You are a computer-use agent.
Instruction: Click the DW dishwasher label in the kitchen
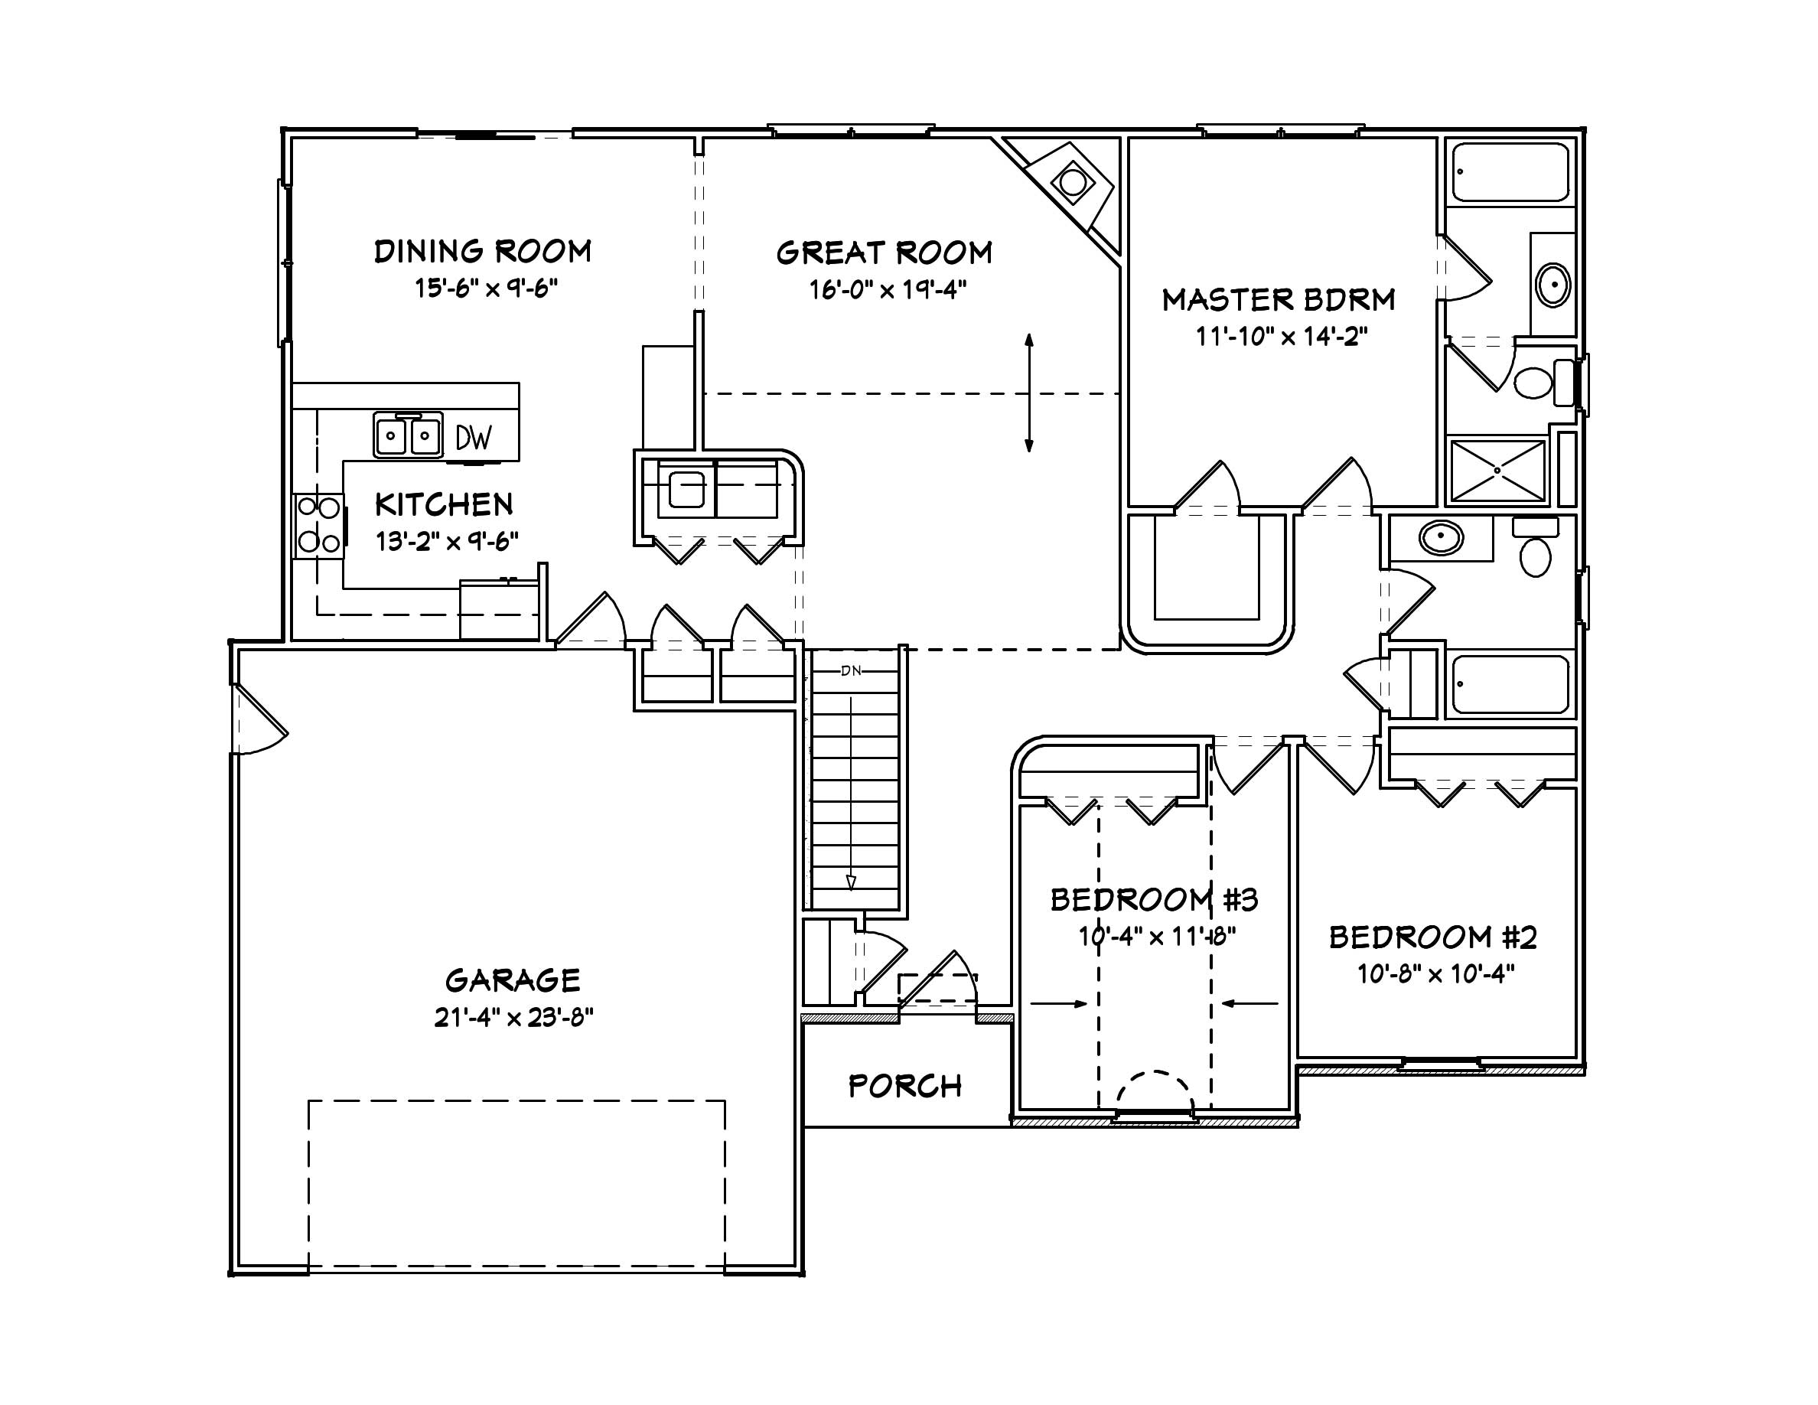[x=474, y=438]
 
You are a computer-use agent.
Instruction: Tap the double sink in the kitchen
[x=407, y=435]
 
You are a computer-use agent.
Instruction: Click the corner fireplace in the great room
[x=1072, y=182]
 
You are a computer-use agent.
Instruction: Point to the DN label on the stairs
[x=851, y=671]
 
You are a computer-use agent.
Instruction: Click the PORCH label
[x=905, y=1086]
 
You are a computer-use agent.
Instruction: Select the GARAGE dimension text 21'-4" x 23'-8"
[x=513, y=1017]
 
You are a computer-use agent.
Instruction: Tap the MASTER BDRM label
[x=1279, y=300]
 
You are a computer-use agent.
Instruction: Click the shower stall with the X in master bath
[x=1497, y=471]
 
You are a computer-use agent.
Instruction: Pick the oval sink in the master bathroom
[x=1553, y=285]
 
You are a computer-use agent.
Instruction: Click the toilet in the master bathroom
[x=1534, y=383]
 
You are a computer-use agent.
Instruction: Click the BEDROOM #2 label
[x=1432, y=937]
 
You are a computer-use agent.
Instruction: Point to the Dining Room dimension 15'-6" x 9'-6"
[x=486, y=288]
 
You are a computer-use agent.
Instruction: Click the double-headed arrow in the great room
[x=1029, y=393]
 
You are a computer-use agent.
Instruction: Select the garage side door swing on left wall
[x=259, y=720]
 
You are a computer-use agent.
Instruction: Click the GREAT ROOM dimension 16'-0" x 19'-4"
[x=888, y=290]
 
